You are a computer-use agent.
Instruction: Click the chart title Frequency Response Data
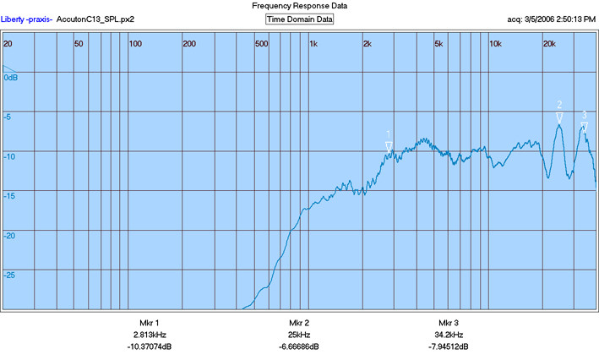pyautogui.click(x=299, y=6)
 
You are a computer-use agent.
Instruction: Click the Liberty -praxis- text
pyautogui.click(x=26, y=19)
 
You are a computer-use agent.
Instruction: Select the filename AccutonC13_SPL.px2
pyautogui.click(x=95, y=19)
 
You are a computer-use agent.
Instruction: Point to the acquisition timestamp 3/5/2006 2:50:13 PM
pyautogui.click(x=560, y=19)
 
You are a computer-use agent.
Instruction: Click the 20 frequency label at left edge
pyautogui.click(x=8, y=44)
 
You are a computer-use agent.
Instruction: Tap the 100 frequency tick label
pyautogui.click(x=135, y=44)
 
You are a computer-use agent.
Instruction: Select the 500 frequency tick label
pyautogui.click(x=262, y=44)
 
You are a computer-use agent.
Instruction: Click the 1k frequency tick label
pyautogui.click(x=313, y=44)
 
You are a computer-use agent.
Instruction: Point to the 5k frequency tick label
pyautogui.click(x=438, y=44)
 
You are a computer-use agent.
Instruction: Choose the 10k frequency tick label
pyautogui.click(x=495, y=44)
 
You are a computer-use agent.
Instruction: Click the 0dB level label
pyautogui.click(x=11, y=78)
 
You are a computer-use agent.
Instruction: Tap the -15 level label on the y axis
pyautogui.click(x=9, y=196)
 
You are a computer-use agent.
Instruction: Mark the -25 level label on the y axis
pyautogui.click(x=9, y=275)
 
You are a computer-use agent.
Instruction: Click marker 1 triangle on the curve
pyautogui.click(x=389, y=147)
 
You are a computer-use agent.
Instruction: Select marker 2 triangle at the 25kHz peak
pyautogui.click(x=559, y=117)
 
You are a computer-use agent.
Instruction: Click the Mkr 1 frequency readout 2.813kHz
pyautogui.click(x=150, y=335)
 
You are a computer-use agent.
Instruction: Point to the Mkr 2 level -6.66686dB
pyautogui.click(x=299, y=346)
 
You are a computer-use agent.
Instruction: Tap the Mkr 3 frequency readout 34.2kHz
pyautogui.click(x=449, y=335)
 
